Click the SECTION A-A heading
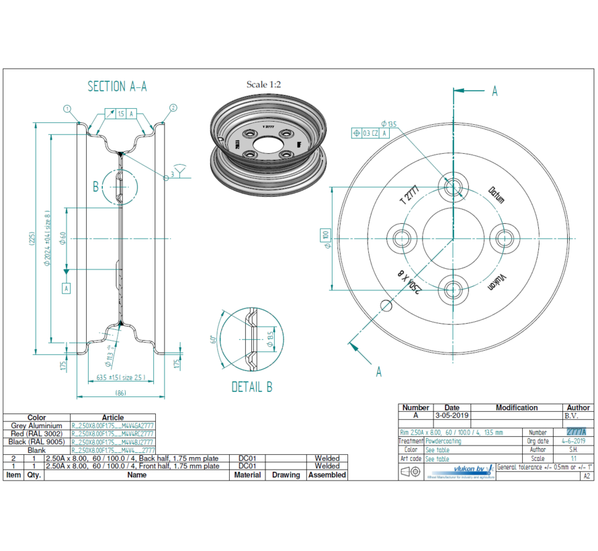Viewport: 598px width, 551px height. pos(117,87)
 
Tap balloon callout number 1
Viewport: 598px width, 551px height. pos(67,108)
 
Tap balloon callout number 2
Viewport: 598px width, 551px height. pos(173,108)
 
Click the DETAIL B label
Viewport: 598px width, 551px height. pos(252,387)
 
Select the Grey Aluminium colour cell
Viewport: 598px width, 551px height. pos(36,426)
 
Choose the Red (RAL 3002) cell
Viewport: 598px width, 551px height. pos(36,434)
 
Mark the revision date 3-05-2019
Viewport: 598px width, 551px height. pos(452,416)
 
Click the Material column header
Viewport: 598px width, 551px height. pos(247,475)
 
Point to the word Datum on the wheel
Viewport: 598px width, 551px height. pos(497,194)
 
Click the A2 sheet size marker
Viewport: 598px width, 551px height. pos(587,476)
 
